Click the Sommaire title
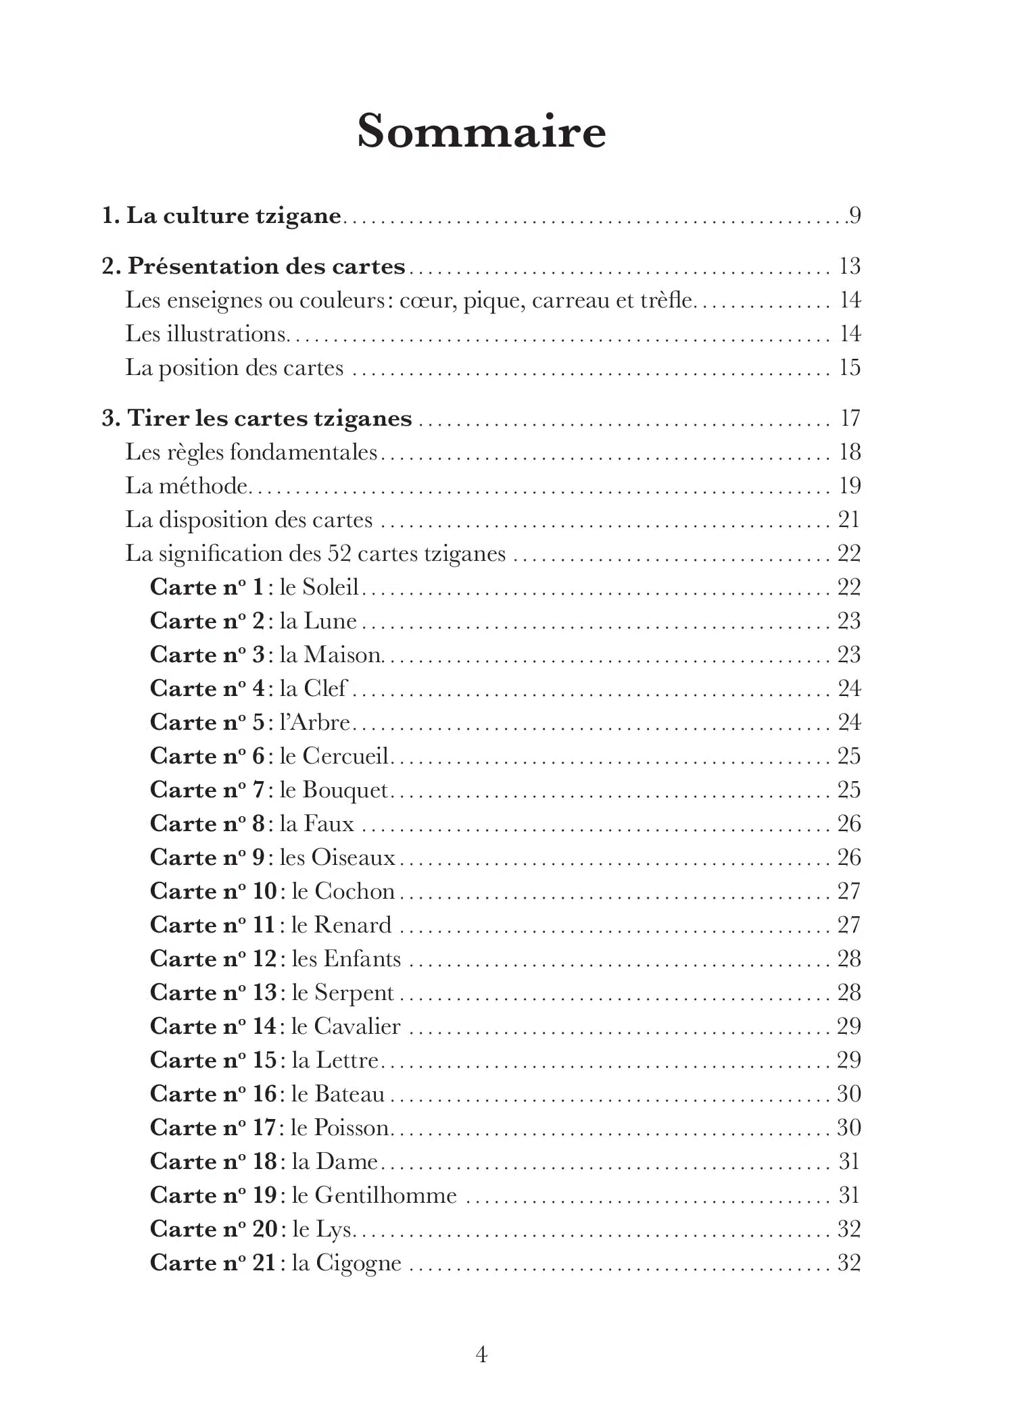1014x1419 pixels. coord(481,131)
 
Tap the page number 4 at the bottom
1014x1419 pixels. coord(481,1353)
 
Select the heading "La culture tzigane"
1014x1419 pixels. coord(233,216)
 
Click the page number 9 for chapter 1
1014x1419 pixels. coord(855,216)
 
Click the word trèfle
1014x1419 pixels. coord(666,300)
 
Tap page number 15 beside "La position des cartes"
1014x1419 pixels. coord(849,368)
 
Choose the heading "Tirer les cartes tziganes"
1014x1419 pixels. coord(269,418)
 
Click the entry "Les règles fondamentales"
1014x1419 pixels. coord(251,452)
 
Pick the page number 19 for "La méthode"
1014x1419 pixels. coord(849,486)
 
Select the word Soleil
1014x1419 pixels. coord(330,587)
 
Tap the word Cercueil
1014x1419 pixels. coord(345,756)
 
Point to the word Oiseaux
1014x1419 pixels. coord(353,857)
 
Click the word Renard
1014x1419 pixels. coord(352,925)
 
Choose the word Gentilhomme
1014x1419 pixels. coord(385,1195)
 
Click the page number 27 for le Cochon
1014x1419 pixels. coord(848,891)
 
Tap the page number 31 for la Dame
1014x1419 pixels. coord(848,1162)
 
